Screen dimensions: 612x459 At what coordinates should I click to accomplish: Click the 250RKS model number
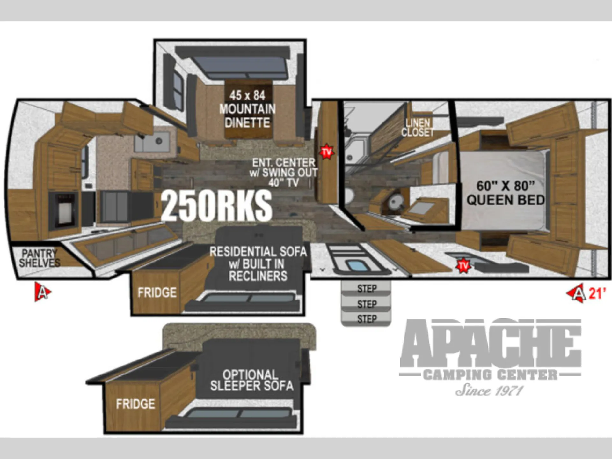[x=216, y=206]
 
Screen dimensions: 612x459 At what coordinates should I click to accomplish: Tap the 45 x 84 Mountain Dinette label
[x=248, y=109]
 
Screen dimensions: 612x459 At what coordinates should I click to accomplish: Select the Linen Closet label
[x=418, y=128]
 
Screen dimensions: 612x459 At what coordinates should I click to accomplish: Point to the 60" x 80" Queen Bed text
[x=506, y=193]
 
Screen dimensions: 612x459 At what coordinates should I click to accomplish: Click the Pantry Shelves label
[x=40, y=258]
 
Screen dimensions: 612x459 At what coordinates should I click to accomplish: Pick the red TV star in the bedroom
[x=463, y=266]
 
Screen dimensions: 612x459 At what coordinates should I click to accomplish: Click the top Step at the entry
[x=367, y=289]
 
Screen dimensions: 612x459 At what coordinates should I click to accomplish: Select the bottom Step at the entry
[x=367, y=319]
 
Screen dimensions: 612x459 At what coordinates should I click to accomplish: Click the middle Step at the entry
[x=367, y=304]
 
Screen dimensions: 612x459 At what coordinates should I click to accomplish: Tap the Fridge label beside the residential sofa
[x=157, y=292]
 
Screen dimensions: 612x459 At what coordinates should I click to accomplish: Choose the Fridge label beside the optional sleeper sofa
[x=135, y=404]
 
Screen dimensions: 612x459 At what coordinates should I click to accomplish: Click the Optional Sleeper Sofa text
[x=252, y=380]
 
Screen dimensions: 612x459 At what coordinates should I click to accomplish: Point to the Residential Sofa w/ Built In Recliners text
[x=258, y=264]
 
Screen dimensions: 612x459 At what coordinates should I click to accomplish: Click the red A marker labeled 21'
[x=577, y=293]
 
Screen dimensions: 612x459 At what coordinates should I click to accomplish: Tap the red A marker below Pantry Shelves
[x=42, y=292]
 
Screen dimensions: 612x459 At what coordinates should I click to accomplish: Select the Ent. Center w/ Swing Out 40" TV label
[x=284, y=173]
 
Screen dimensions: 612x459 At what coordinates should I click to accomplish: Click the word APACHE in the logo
[x=491, y=343]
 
